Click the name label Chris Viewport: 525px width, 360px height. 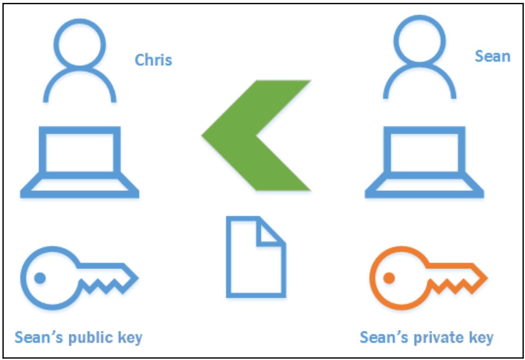[153, 60]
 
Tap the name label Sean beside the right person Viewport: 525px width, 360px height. [492, 56]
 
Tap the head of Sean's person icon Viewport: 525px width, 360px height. [419, 40]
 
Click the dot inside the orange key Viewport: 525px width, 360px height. [389, 278]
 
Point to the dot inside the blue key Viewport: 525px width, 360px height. [40, 278]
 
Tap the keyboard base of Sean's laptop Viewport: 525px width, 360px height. [424, 189]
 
